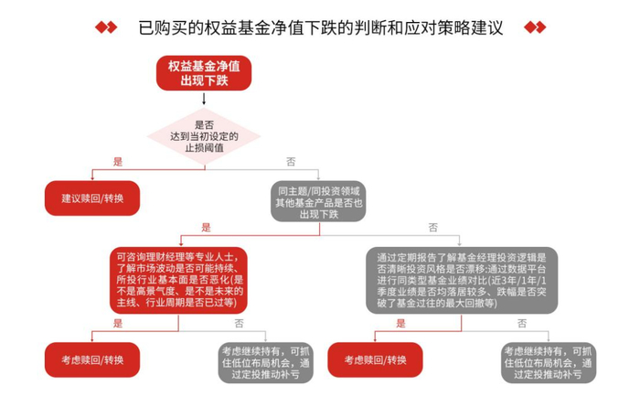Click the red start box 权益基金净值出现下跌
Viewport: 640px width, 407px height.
pos(205,73)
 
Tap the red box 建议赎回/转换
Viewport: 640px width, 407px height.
pos(92,198)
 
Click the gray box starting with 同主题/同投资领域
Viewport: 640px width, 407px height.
pos(319,202)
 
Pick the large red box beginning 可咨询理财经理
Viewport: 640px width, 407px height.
pos(178,279)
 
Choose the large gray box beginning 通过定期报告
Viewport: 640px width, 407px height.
pos(461,280)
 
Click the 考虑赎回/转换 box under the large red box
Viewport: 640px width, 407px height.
pos(92,359)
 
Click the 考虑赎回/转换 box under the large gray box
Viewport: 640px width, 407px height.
pos(374,359)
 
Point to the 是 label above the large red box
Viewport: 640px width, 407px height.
pos(206,228)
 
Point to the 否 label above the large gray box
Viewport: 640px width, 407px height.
pos(432,228)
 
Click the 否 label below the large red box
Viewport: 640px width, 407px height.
pos(239,324)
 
